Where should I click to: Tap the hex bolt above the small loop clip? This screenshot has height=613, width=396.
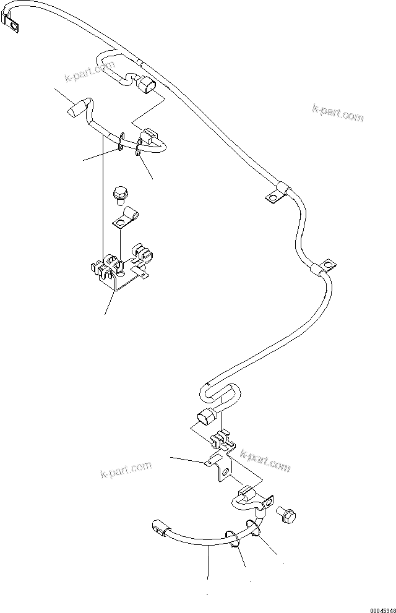click(121, 194)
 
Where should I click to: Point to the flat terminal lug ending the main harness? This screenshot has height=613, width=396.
click(12, 25)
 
